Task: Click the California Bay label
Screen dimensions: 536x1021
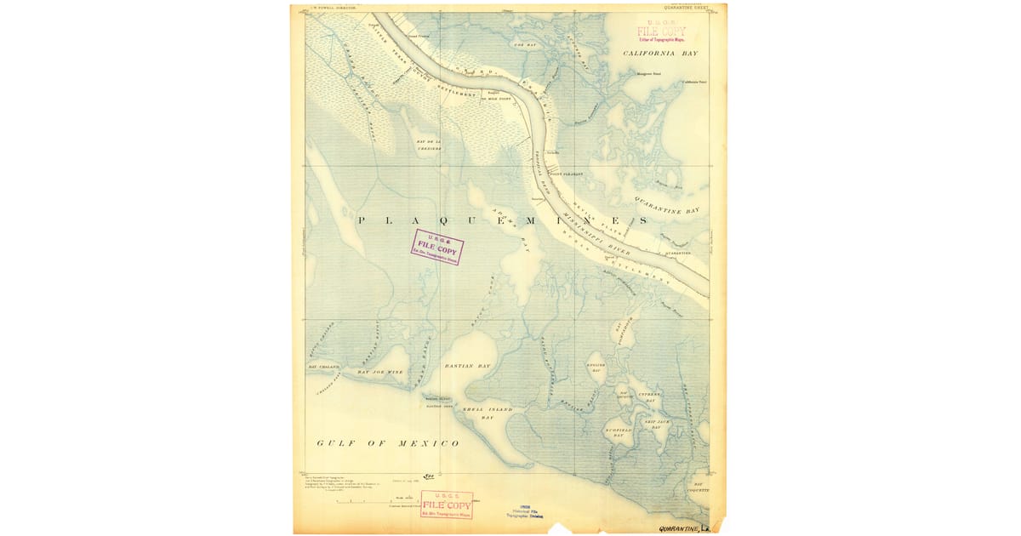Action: (x=660, y=53)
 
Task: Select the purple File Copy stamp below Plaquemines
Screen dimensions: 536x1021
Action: (x=437, y=247)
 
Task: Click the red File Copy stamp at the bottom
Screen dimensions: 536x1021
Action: (x=447, y=505)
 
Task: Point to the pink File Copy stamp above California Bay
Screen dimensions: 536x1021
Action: (x=661, y=31)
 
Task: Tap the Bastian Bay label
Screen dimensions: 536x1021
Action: (x=468, y=366)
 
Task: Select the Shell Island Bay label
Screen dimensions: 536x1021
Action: (x=488, y=413)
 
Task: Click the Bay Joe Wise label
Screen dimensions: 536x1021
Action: (x=379, y=372)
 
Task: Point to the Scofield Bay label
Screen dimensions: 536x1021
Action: (x=619, y=431)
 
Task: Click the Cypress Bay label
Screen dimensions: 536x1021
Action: (x=650, y=396)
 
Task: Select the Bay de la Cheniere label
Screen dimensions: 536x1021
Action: (x=429, y=145)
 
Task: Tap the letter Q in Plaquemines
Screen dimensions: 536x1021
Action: (x=436, y=220)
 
